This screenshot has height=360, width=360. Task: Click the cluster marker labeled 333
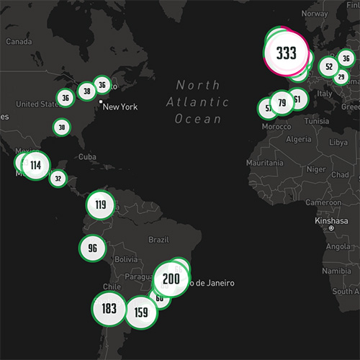[x=286, y=53]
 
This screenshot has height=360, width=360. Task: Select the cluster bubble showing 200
[x=171, y=279]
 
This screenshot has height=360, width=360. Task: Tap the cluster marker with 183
[x=109, y=309]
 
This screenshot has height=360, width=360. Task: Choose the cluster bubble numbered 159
[x=141, y=312]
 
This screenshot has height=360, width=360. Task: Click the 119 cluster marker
[x=100, y=205]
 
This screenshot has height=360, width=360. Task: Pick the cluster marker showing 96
[x=92, y=248]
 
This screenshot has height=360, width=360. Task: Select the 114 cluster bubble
[x=35, y=166]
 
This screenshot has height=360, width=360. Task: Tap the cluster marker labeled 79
[x=282, y=103]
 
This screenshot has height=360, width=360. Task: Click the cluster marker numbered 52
[x=329, y=67]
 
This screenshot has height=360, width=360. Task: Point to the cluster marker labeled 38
[x=86, y=91]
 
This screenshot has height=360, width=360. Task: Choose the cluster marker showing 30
[x=62, y=127]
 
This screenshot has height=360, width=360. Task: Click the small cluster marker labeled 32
[x=58, y=178]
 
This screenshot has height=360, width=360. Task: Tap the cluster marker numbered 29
[x=341, y=77]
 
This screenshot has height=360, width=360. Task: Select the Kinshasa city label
[x=330, y=220]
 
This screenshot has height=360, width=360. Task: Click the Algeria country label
[x=299, y=138]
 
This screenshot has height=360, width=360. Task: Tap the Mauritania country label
[x=264, y=163]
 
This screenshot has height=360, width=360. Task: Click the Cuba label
[x=87, y=156]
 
